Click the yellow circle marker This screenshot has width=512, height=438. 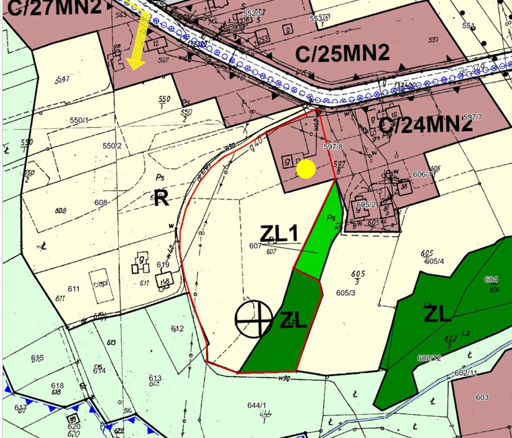306,169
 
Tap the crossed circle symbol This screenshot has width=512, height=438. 254,319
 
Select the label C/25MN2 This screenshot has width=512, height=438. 342,54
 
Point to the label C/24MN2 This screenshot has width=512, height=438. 426,124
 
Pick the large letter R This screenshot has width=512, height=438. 162,199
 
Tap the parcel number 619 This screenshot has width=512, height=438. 163,264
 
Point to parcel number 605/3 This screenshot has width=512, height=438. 345,293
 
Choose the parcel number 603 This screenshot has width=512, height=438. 482,397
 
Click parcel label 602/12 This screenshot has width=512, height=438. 429,358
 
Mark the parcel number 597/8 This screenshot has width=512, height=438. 333,146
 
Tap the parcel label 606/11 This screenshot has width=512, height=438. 425,175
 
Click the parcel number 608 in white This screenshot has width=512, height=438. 101,203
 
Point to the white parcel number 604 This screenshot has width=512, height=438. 491,280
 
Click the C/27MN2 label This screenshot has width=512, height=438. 54,7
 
